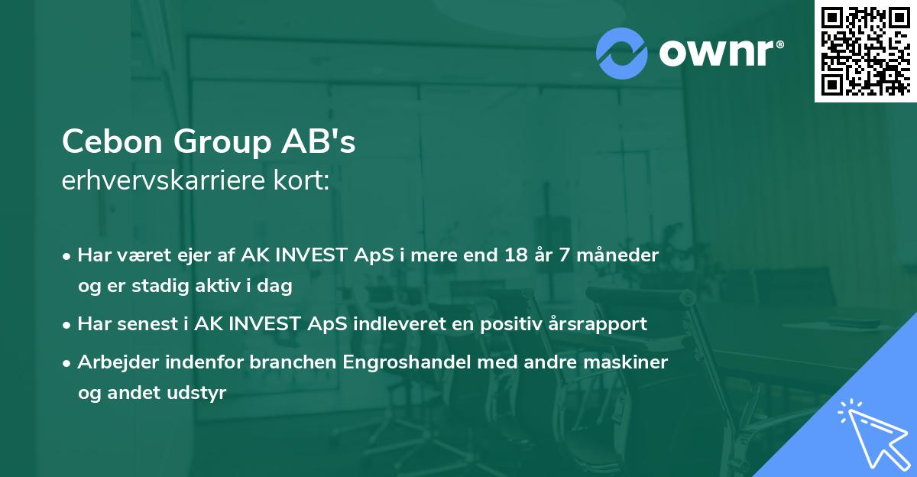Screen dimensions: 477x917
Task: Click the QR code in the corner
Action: [x=866, y=50]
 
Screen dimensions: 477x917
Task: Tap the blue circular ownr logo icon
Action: [x=621, y=53]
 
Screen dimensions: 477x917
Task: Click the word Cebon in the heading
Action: [x=112, y=141]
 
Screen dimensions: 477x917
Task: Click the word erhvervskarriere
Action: [x=167, y=182]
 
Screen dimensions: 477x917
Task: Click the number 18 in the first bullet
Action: [x=505, y=255]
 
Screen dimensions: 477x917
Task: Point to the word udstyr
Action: [x=200, y=394]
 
